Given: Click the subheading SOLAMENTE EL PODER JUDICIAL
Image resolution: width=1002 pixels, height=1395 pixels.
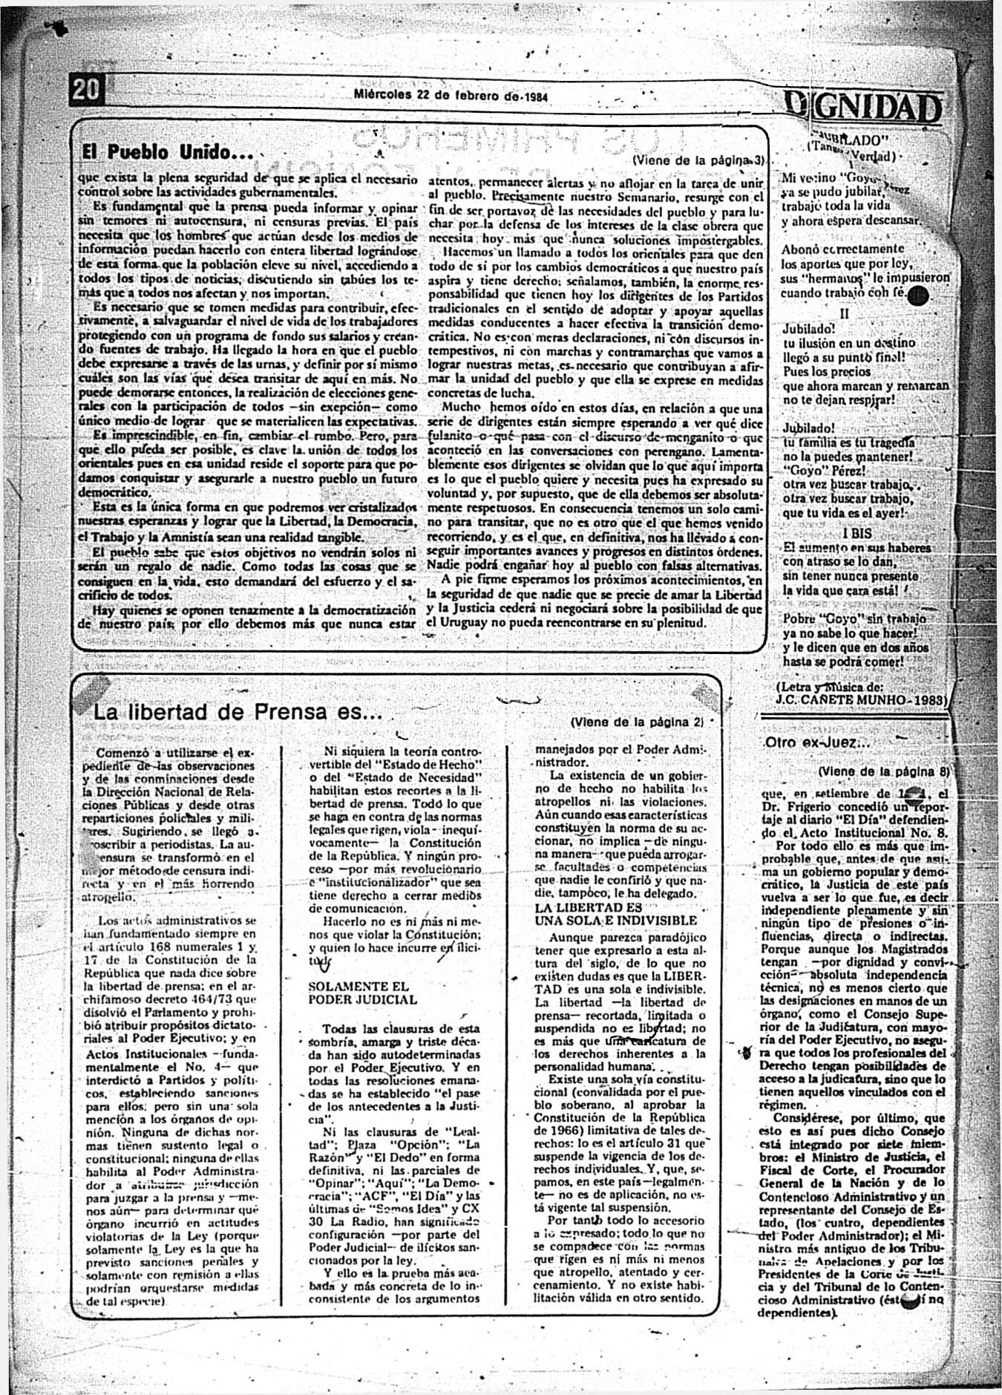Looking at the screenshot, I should click(x=358, y=993).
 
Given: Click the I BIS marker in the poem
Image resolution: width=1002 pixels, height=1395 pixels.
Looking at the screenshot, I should click(x=857, y=533).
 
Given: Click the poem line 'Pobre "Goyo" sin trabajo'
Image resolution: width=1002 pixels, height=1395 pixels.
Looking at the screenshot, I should click(x=854, y=618).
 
